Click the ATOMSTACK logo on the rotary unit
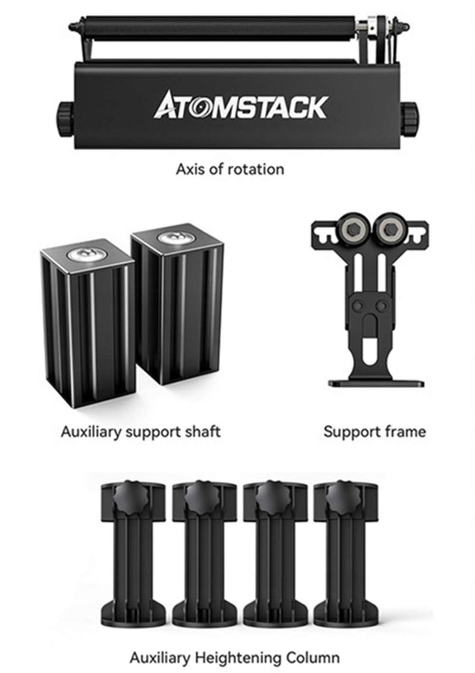(240, 105)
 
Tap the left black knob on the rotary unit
(65, 114)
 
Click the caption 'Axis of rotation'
(230, 169)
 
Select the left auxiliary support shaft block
(88, 328)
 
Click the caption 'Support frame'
(374, 432)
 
